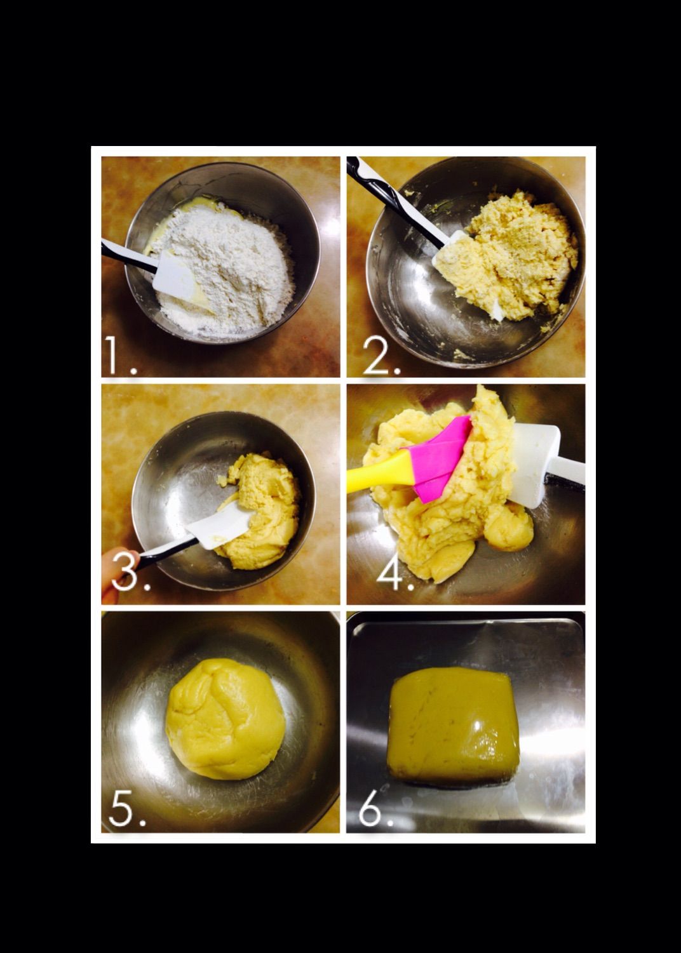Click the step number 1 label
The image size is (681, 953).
click(x=121, y=356)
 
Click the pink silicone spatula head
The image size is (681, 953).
click(x=438, y=460)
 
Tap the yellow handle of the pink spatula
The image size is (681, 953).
click(x=379, y=472)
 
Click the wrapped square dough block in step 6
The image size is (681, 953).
click(x=454, y=728)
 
